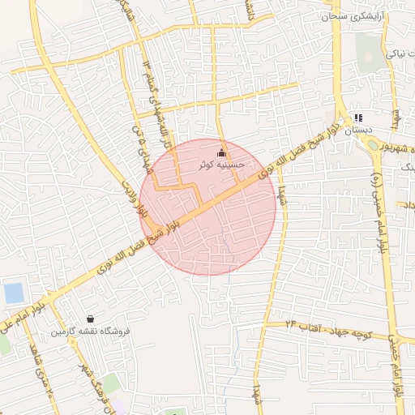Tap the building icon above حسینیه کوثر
click(x=222, y=152)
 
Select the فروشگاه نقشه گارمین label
click(x=91, y=332)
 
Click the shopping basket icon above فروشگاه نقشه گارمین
click(x=90, y=319)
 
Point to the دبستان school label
click(x=357, y=130)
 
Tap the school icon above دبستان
click(x=358, y=118)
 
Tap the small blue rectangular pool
click(x=14, y=293)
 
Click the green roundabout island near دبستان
click(x=374, y=146)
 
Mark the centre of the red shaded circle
click(x=207, y=207)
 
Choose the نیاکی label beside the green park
click(x=400, y=54)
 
